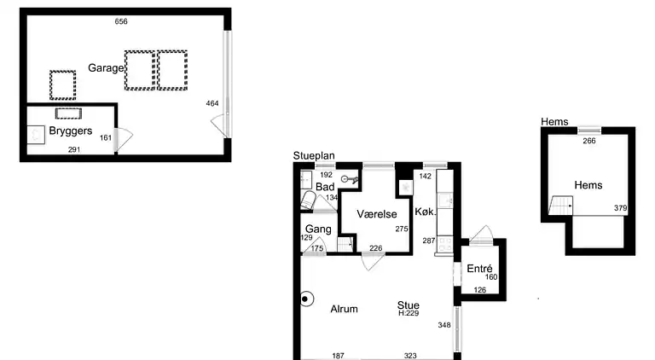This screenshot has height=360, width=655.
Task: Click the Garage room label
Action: tap(106, 68)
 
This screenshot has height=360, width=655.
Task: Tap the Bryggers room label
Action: tap(70, 131)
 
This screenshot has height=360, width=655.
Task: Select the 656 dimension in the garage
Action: tap(121, 21)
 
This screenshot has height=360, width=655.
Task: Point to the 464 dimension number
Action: tap(212, 103)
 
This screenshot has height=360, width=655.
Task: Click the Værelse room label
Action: tap(376, 214)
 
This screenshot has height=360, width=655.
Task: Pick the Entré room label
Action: tap(479, 268)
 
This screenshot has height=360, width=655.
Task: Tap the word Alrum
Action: tap(345, 309)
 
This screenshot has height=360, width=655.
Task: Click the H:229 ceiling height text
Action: tap(409, 313)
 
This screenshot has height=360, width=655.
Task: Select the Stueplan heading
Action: tap(314, 156)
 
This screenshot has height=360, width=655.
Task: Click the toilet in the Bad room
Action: tap(307, 200)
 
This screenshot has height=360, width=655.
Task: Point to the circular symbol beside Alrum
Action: tap(306, 299)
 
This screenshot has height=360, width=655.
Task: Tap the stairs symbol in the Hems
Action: tap(560, 205)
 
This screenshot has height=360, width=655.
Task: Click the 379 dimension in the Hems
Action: tap(620, 208)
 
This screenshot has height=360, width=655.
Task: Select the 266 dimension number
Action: tap(589, 141)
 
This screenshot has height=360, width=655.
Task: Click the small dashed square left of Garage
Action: tap(62, 85)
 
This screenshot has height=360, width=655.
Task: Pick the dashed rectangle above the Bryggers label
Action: tap(68, 113)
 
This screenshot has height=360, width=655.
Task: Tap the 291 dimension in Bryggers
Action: tap(74, 149)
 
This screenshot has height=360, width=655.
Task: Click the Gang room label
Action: tap(318, 229)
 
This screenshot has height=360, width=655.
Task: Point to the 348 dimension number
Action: tap(444, 325)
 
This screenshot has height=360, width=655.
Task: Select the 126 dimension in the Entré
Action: tap(480, 290)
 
